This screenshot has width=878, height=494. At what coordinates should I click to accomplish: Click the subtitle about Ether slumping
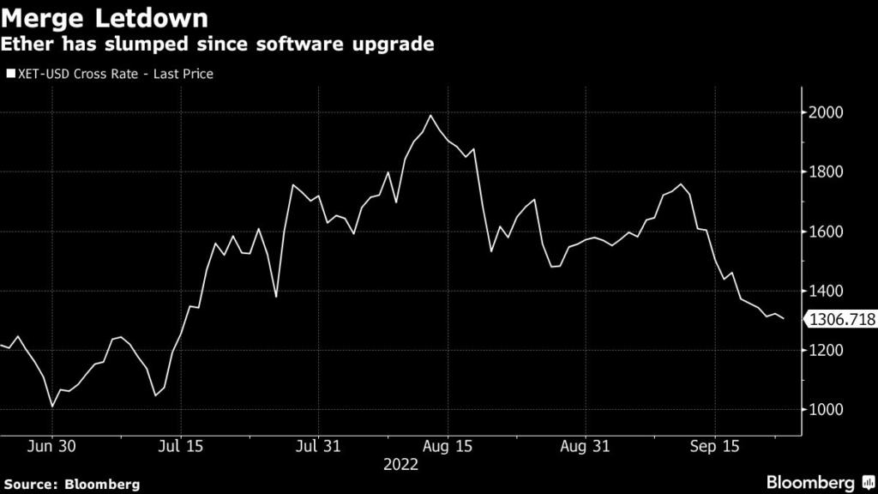218,44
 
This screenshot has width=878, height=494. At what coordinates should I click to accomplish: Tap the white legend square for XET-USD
10,75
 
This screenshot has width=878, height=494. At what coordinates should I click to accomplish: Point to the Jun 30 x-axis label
52,447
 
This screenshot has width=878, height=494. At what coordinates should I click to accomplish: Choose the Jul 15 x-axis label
181,447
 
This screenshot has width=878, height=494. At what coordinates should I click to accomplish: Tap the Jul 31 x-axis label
318,447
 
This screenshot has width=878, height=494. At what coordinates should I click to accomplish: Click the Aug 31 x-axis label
585,447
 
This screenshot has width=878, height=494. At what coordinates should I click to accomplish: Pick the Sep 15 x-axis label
714,447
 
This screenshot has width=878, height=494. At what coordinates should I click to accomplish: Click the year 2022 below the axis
401,464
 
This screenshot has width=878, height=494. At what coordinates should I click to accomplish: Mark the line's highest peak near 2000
430,116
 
